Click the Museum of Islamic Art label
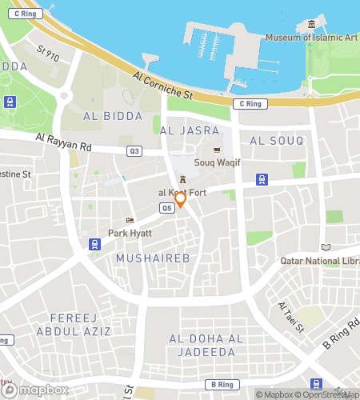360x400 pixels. pos(312,38)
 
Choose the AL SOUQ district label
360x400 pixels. pos(277,141)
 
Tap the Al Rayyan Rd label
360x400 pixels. pos(63,142)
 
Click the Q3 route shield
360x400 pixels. pos(134,151)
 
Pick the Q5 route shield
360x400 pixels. pos(166,208)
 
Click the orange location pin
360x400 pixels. pos(181,198)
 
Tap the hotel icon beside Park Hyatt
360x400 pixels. pos(130,221)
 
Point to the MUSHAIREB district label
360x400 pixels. pos(148,258)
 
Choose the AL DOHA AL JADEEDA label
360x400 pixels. pos(206,346)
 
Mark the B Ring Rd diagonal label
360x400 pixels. pos(338,335)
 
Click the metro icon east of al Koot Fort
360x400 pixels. pos(261,179)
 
